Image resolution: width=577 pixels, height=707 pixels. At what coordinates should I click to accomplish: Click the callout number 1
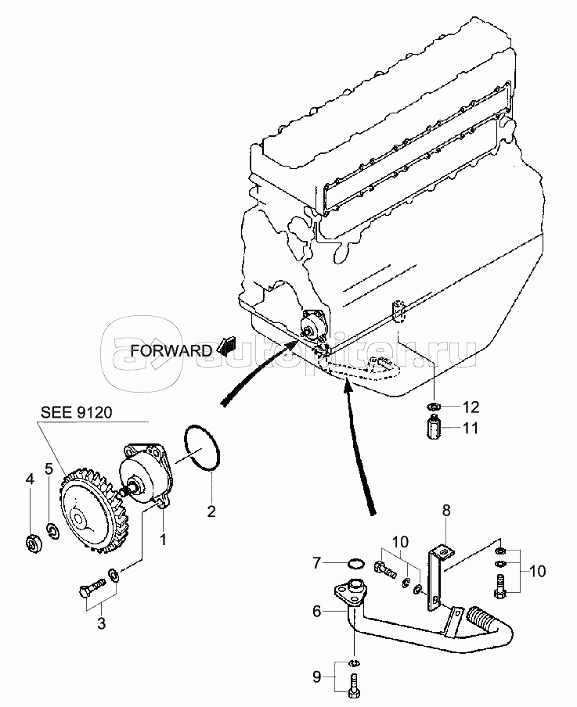click(x=163, y=539)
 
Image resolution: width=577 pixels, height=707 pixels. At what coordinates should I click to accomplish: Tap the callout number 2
click(x=211, y=511)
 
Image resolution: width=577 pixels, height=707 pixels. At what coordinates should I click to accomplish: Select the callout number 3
click(x=102, y=623)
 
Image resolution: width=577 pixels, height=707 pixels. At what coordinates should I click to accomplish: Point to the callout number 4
click(x=30, y=479)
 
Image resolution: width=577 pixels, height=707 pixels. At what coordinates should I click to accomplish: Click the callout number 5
click(x=49, y=468)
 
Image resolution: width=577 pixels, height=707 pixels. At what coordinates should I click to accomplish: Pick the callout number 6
click(x=317, y=611)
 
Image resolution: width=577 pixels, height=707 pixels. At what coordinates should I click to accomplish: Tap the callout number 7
click(x=317, y=563)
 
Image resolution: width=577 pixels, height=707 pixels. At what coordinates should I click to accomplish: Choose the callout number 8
click(x=446, y=511)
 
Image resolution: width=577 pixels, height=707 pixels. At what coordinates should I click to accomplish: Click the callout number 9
click(x=317, y=677)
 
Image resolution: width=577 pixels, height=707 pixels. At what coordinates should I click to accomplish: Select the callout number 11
click(x=470, y=428)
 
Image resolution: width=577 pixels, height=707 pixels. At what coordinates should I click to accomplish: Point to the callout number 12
click(x=470, y=407)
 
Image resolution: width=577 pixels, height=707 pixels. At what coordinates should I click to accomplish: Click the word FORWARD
click(x=171, y=350)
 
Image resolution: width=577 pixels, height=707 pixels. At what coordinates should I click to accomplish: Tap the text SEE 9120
click(x=76, y=412)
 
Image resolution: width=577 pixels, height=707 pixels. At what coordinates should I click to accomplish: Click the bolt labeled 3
click(x=92, y=588)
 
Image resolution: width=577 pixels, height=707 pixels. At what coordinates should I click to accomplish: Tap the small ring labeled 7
click(x=355, y=563)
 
